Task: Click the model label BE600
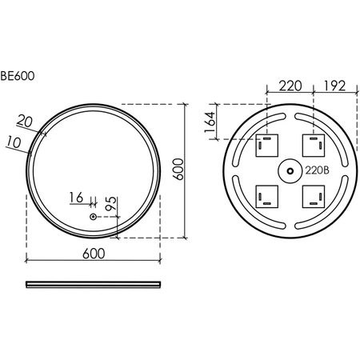[18, 76]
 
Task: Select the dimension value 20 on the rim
[25, 121]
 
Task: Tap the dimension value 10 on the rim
[14, 142]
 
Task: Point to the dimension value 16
[76, 198]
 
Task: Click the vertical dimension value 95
[111, 203]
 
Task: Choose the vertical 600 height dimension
[178, 170]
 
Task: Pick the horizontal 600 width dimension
[94, 254]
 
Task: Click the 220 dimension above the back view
[290, 86]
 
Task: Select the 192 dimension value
[334, 86]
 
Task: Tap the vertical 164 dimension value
[210, 122]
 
